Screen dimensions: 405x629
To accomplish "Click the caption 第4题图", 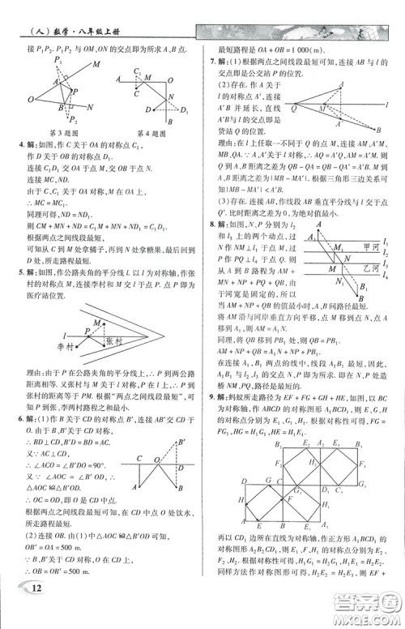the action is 151,133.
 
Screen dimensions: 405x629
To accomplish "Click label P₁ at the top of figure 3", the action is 58,59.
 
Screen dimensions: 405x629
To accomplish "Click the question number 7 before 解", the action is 211,62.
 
